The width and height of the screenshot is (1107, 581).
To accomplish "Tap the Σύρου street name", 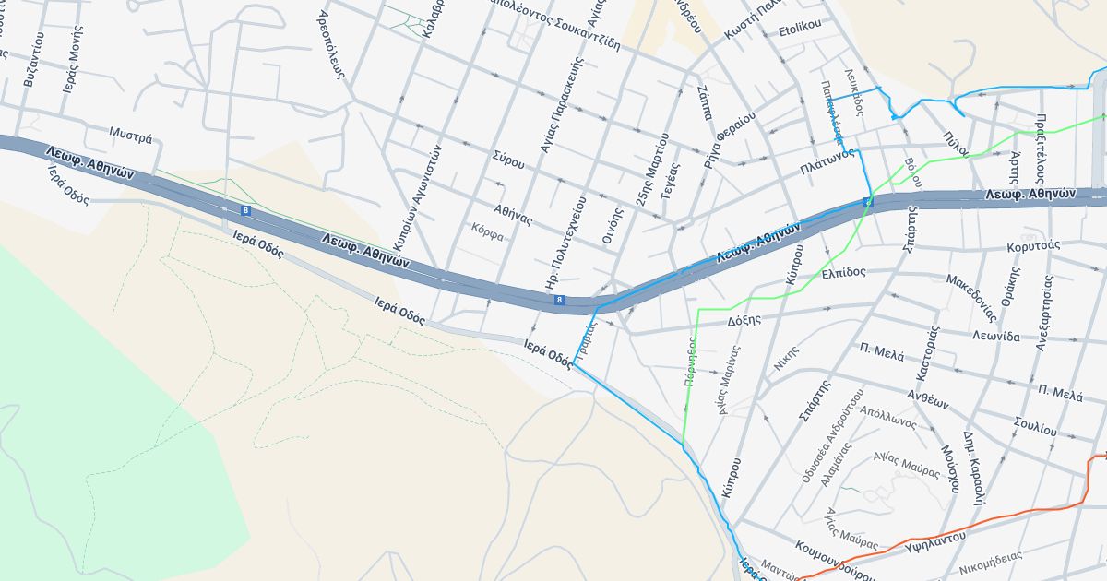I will click(508, 160).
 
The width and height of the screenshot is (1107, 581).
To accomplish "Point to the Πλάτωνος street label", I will click(825, 168).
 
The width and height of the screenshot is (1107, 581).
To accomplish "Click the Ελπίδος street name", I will click(843, 273).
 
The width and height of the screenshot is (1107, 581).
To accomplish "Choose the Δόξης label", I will click(744, 320).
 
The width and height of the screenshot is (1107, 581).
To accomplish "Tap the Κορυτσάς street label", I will click(1033, 245).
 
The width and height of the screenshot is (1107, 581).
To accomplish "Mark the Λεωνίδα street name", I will click(996, 336).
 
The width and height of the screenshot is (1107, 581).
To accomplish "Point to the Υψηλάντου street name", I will click(935, 537).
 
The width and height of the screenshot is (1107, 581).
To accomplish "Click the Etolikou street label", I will click(800, 29).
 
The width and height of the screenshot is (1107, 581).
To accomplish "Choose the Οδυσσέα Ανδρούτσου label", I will click(832, 437).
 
